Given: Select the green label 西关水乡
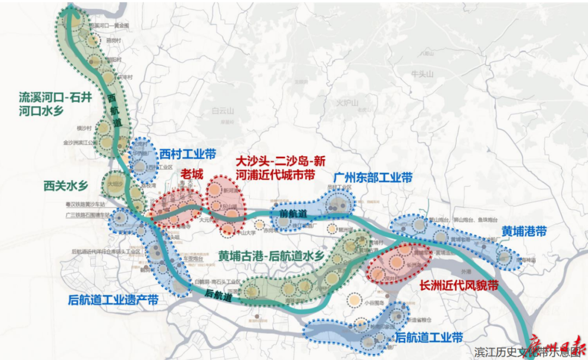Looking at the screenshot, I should pyautogui.click(x=66, y=186).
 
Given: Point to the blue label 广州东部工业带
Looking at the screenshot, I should pyautogui.click(x=373, y=178).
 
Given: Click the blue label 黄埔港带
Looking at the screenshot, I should pyautogui.click(x=525, y=230).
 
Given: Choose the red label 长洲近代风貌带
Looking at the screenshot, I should pyautogui.click(x=459, y=285).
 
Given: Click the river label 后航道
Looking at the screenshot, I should pyautogui.click(x=218, y=296).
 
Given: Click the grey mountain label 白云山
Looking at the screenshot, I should pyautogui.click(x=222, y=111).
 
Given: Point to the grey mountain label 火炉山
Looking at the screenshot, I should pyautogui.click(x=348, y=103).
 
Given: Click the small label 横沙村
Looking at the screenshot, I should pyautogui.click(x=85, y=128).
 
